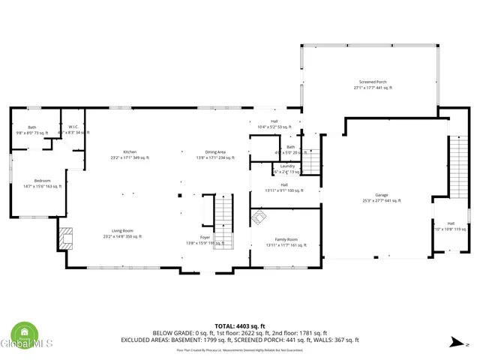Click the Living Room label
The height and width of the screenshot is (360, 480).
coord(122,233)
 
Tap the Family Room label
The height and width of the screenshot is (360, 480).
coord(286,241)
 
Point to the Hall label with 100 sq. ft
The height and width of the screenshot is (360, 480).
coord(284,187)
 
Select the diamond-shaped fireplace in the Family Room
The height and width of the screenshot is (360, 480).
coord(259,218)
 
